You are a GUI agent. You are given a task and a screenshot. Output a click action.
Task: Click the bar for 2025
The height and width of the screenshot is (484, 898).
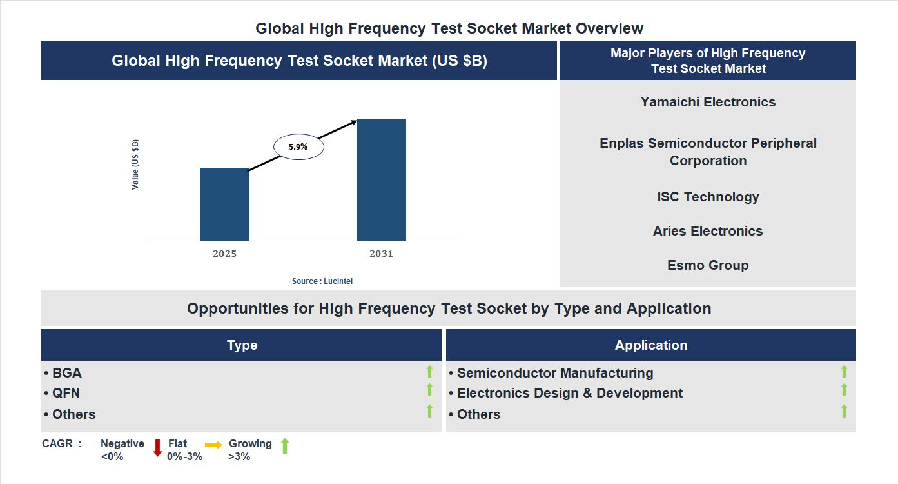pos(224,205)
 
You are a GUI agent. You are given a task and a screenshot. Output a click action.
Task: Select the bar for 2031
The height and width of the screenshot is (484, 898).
pos(382,180)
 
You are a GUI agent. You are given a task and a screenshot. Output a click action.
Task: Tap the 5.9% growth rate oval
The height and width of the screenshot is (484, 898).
pos(298,147)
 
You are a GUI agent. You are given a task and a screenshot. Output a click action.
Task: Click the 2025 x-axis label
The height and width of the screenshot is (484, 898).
pos(224,254)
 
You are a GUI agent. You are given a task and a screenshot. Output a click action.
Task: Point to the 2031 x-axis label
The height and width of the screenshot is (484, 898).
pos(381,254)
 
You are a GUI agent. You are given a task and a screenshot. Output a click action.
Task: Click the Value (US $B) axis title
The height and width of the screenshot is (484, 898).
pos(135,164)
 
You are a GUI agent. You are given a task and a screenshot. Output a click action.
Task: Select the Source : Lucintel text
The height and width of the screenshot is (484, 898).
pos(322,281)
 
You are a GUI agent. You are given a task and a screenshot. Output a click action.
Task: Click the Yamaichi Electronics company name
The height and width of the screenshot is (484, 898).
pos(708,102)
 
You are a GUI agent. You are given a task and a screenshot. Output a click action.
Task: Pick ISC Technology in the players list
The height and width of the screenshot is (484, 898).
pos(708,197)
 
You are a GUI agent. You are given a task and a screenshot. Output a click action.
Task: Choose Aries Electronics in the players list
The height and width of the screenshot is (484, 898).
pos(708,231)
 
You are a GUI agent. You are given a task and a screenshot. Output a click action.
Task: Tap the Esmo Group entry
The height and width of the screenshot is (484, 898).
pos(708,265)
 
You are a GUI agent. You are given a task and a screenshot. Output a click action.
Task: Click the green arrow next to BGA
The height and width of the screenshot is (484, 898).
pos(429,372)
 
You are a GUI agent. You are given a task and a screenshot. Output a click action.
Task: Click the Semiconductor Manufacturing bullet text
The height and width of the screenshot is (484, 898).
pos(554,373)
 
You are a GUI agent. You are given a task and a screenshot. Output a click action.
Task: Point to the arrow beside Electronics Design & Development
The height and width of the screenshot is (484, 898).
pos(844,390)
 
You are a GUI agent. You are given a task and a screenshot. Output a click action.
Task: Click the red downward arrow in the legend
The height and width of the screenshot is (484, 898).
pos(157,447)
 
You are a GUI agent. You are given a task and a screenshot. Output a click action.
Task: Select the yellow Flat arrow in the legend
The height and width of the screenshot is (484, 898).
pos(213,445)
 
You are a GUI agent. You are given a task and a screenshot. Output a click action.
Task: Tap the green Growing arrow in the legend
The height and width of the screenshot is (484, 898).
pos(285,446)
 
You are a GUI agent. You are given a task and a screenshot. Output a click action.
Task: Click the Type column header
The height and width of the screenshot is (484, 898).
pos(242,345)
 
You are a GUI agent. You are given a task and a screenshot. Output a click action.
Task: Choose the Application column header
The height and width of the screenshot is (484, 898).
pos(650,345)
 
